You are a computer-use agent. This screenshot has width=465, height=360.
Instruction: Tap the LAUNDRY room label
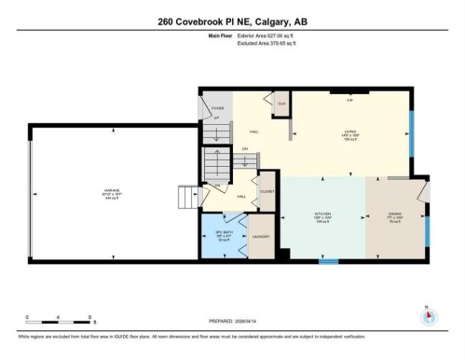click(x=261, y=237)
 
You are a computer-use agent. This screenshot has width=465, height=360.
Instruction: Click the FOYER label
click(x=217, y=109)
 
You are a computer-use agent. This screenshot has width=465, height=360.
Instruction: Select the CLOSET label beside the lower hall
click(x=266, y=190)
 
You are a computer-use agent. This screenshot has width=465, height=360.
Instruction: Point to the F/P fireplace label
click(x=349, y=99)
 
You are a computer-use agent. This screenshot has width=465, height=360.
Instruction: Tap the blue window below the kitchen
click(x=328, y=262)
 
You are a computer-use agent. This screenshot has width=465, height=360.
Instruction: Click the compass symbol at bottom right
click(x=428, y=314)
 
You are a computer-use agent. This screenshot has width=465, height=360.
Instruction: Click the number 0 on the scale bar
click(x=27, y=318)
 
